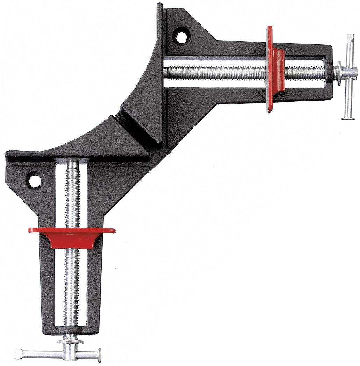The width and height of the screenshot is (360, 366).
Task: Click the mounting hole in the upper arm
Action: [181, 37]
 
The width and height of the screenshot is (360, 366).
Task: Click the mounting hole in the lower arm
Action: [35, 181]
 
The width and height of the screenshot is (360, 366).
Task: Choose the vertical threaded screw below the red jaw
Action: [72, 287]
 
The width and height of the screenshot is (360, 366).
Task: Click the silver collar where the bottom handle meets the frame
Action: [71, 339]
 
